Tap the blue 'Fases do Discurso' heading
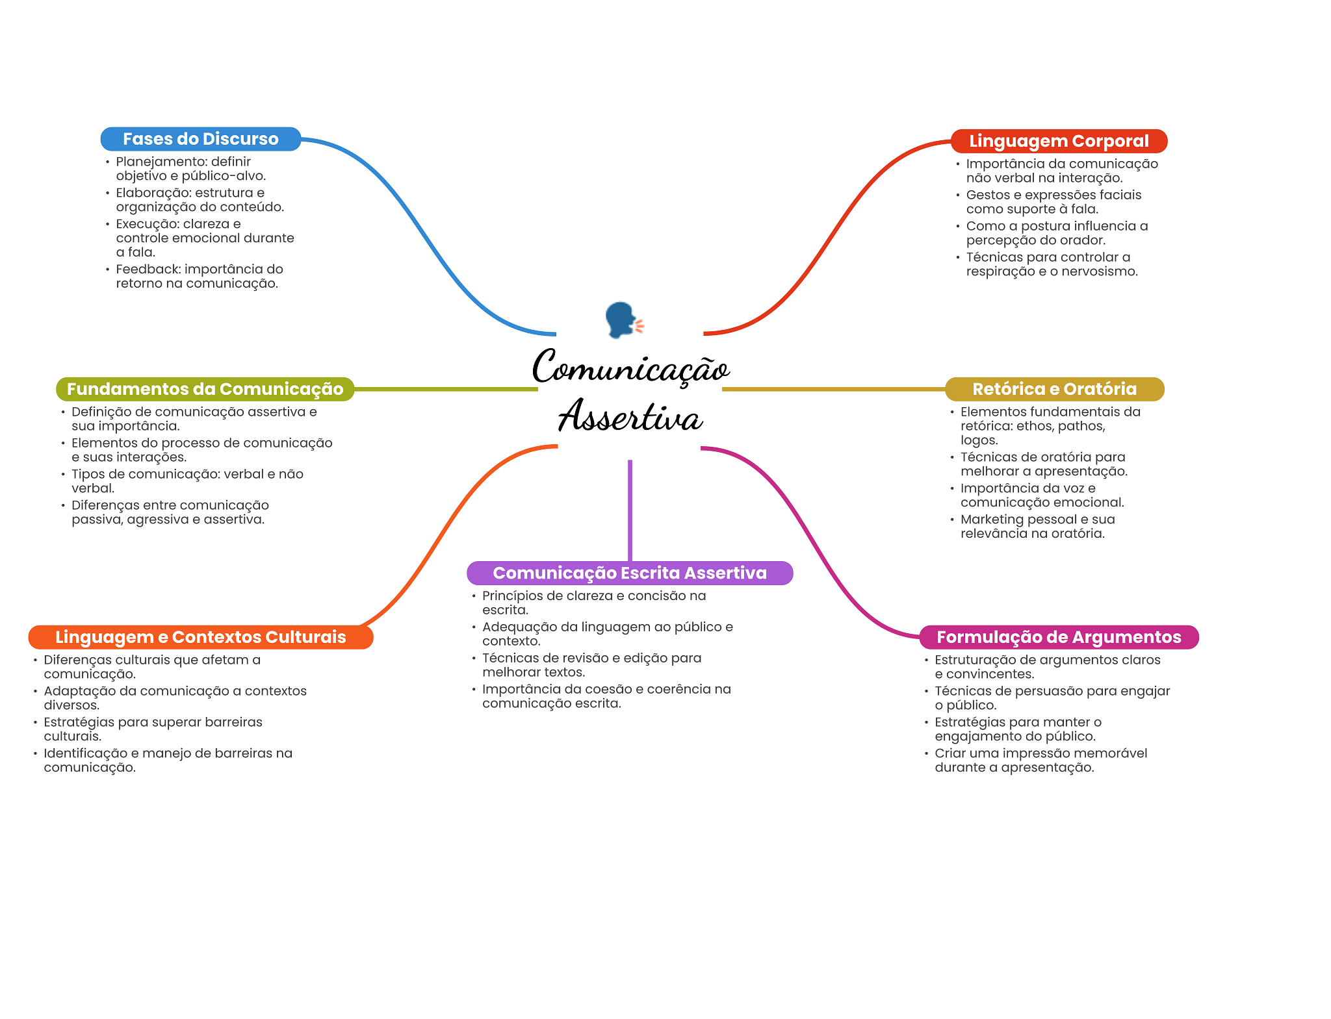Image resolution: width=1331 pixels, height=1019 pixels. pyautogui.click(x=200, y=139)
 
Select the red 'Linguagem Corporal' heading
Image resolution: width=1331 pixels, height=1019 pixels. pyautogui.click(x=1059, y=141)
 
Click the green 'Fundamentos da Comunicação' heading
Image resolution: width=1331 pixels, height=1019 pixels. pyautogui.click(x=205, y=389)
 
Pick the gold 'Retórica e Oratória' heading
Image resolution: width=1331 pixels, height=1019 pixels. pyautogui.click(x=1054, y=389)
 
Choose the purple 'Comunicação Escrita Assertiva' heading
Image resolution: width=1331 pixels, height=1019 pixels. pyautogui.click(x=630, y=573)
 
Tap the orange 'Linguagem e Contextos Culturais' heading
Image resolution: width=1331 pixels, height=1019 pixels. pyautogui.click(x=200, y=637)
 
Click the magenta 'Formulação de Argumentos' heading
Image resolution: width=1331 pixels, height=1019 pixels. pyautogui.click(x=1059, y=637)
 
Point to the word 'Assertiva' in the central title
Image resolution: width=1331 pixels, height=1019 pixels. pyautogui.click(x=630, y=416)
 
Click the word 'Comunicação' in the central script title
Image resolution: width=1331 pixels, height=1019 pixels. pyautogui.click(x=630, y=368)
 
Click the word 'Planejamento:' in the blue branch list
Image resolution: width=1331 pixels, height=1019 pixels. pyautogui.click(x=152, y=162)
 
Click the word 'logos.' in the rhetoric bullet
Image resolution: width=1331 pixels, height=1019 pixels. pyautogui.click(x=979, y=440)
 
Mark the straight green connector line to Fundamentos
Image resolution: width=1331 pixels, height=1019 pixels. pyautogui.click(x=446, y=389)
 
